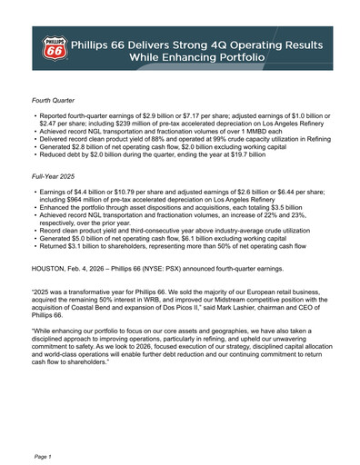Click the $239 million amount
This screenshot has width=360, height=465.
pyautogui.click(x=140, y=128)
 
